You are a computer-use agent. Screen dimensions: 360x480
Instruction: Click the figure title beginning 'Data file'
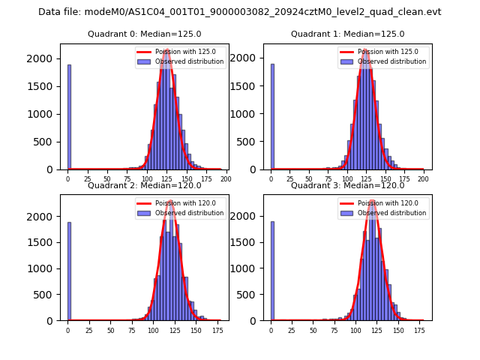pyautogui.click(x=239, y=12)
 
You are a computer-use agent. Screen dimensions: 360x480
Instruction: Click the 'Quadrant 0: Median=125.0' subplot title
pyautogui.click(x=143, y=34)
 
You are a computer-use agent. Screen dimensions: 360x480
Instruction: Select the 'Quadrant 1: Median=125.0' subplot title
pyautogui.click(x=347, y=34)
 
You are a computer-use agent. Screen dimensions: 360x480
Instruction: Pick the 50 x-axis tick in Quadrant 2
pyautogui.click(x=110, y=330)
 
